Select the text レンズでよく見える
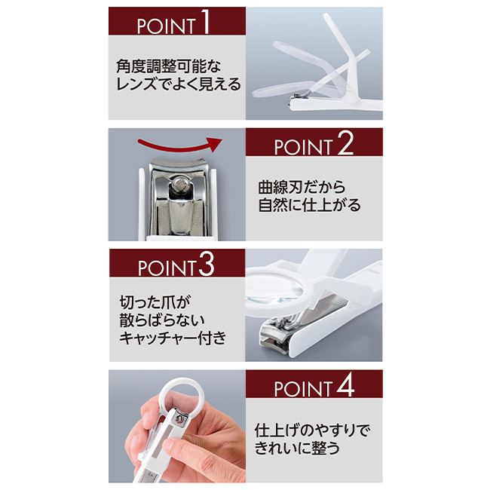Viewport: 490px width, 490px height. point(179,84)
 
